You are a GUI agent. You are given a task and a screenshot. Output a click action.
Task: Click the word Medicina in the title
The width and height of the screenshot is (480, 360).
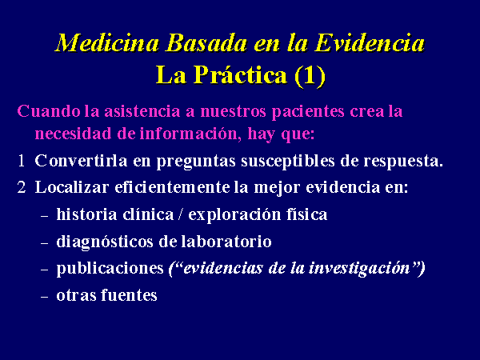[x=108, y=43]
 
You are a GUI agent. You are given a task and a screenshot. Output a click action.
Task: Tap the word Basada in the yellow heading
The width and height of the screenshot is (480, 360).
[x=206, y=43]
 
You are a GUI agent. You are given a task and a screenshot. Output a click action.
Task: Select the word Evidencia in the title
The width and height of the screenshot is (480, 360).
[x=370, y=43]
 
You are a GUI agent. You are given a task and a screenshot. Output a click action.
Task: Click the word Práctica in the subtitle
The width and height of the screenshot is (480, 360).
[x=240, y=75]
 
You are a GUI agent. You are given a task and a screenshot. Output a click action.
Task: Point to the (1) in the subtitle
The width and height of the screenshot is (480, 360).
[x=310, y=76]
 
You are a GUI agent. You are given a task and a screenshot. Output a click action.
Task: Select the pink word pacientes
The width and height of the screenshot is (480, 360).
[x=308, y=112]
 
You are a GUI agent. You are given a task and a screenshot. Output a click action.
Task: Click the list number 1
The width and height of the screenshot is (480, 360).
[x=21, y=161]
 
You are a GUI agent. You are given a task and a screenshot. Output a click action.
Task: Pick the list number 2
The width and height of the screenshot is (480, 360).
[x=22, y=187]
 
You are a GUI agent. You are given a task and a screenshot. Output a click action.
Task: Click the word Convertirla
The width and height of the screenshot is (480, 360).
[x=81, y=161]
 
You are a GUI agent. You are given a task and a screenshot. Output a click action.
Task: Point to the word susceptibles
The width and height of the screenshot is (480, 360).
[x=288, y=162]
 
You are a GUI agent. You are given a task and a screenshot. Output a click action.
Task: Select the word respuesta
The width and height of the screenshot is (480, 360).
[x=403, y=162]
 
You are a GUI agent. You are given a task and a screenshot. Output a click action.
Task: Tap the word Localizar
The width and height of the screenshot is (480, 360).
[x=72, y=187]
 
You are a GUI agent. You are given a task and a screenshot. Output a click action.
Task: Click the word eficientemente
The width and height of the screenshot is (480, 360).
[x=172, y=187]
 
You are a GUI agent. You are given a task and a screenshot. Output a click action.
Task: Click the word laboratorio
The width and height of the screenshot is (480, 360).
[x=226, y=242]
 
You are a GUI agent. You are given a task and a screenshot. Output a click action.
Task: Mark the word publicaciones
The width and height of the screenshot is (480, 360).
[x=110, y=269]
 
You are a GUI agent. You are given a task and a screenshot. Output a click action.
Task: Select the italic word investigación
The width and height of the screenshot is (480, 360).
[x=359, y=269]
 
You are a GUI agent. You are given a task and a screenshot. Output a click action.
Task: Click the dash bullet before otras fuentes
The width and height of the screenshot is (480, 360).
[x=44, y=296]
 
